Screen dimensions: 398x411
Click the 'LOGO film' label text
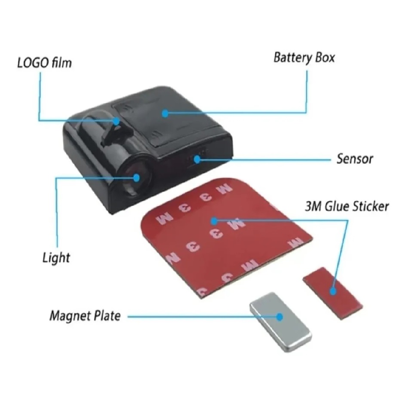(x=44, y=63)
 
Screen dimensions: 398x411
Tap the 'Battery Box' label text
(x=304, y=58)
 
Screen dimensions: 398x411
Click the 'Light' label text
(x=56, y=258)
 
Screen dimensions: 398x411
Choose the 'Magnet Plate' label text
(x=85, y=316)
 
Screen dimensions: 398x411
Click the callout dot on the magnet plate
(x=279, y=317)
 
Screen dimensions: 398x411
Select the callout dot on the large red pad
(x=214, y=221)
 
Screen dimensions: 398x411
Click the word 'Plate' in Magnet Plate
(x=107, y=316)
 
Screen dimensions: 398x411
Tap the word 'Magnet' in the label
(x=71, y=316)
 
